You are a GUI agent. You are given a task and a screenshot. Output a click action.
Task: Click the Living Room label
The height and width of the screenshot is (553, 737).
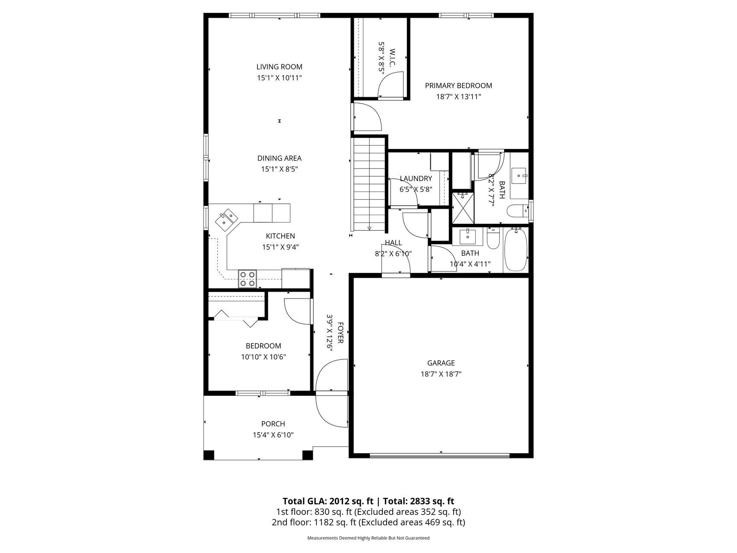pos(280,67)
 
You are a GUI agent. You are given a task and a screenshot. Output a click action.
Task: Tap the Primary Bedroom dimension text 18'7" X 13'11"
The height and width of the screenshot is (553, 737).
pos(458,97)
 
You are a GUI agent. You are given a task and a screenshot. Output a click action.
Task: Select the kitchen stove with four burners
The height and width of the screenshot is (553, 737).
pos(248,279)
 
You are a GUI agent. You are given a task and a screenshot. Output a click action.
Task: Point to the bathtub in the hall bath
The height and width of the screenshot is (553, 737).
pos(516,250)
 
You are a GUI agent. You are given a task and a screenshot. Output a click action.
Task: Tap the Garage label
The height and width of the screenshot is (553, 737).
pos(441,363)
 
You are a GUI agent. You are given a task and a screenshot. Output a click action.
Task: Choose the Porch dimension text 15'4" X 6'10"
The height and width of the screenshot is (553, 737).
pos(273,435)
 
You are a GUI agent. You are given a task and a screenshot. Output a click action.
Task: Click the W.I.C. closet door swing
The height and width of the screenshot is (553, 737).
pos(391,85)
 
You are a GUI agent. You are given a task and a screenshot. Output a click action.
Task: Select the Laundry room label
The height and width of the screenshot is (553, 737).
pos(416,178)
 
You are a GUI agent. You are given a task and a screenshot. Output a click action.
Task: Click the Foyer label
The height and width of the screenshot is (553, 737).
pos(340,333)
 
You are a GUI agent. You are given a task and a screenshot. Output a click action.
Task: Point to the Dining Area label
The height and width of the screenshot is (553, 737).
pos(280,158)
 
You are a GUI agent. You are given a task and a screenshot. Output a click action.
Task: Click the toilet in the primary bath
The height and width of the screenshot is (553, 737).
pos(517,211)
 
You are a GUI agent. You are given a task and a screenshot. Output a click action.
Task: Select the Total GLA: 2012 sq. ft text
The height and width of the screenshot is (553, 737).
pos(328,501)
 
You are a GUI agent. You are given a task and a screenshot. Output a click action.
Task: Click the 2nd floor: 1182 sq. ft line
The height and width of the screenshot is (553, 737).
pos(368,522)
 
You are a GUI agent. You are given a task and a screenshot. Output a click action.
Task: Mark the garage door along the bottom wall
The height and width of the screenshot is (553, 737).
pos(440,455)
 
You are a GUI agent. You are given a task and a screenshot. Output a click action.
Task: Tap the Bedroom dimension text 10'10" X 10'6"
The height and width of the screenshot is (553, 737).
pos(264,357)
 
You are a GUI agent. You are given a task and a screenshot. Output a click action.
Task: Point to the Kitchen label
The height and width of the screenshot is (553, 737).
pos(280,236)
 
